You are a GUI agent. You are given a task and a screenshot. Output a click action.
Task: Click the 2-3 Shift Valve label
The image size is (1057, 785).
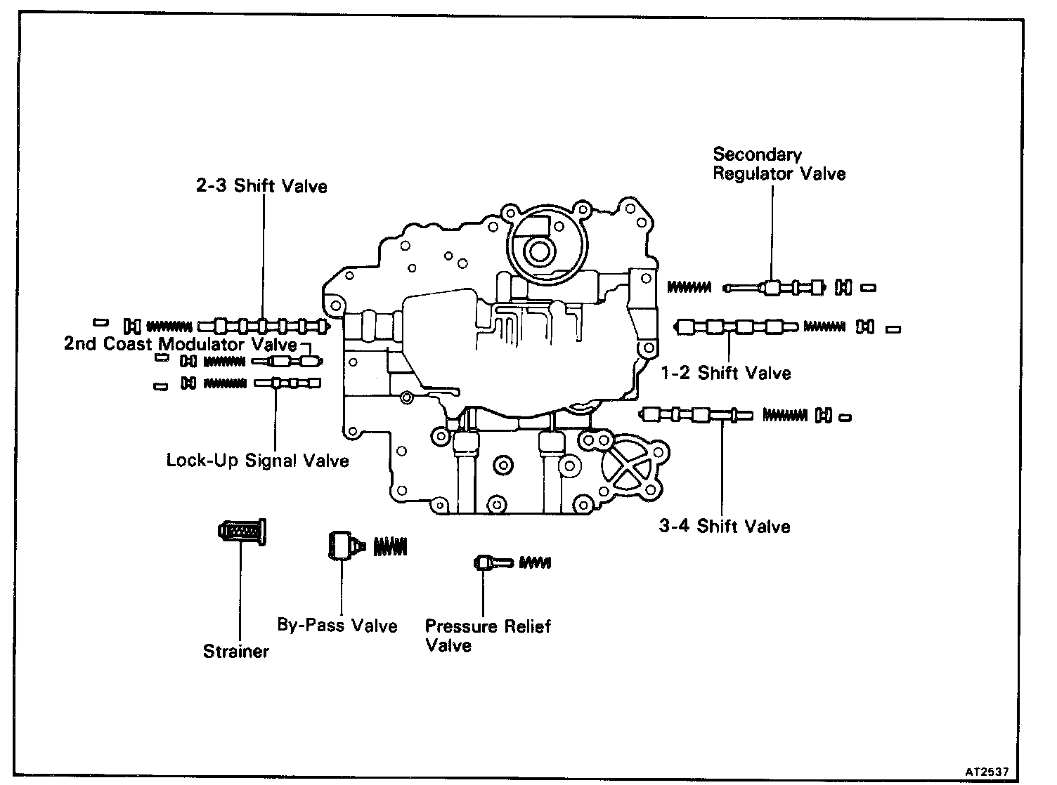pos(261,186)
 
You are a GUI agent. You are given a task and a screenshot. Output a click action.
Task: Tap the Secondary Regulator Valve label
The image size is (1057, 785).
pos(779,164)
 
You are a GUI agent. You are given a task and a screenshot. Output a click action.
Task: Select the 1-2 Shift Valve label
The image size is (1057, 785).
pos(726,373)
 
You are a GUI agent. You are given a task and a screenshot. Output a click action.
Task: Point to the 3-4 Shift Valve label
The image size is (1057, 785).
pos(724,526)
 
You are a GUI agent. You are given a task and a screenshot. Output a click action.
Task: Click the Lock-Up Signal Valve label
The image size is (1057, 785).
pos(257,461)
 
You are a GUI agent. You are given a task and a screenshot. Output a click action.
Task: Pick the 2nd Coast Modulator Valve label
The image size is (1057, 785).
pos(181,344)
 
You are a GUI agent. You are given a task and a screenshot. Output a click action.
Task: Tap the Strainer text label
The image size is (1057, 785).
pos(236,651)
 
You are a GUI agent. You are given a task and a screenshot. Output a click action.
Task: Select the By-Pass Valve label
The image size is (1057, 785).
pos(337,626)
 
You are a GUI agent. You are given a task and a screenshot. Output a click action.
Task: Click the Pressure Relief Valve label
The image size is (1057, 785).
pos(488,635)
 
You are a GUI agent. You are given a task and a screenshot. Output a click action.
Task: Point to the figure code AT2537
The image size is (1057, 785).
pos(987,771)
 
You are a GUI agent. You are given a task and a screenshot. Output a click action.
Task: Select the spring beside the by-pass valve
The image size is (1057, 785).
pos(391,546)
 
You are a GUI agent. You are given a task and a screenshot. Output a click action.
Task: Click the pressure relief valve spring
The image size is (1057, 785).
pos(535,562)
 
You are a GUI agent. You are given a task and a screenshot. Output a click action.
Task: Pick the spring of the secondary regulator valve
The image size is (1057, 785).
pos(689,286)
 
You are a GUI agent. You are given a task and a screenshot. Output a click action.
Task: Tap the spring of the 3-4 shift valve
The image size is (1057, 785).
pos(785,416)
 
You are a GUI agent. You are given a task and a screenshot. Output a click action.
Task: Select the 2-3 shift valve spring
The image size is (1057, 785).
pos(169,326)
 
